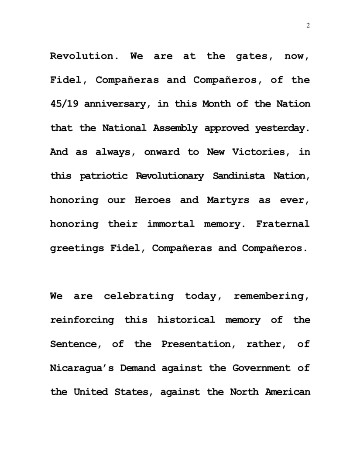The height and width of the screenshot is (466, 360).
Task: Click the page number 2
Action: (x=308, y=26)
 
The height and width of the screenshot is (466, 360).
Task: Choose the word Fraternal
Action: (x=283, y=224)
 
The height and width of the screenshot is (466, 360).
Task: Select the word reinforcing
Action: (x=82, y=320)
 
